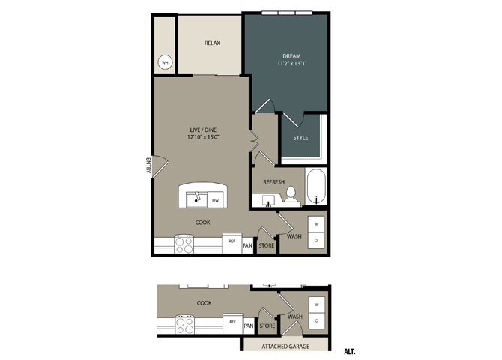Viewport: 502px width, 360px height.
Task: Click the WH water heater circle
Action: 165,62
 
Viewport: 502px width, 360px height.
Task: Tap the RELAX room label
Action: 212,43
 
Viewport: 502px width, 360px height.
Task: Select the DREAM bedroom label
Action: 291,56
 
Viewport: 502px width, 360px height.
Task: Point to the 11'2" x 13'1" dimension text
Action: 291,63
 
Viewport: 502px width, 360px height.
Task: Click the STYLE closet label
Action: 300,138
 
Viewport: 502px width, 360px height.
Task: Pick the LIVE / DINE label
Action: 203,130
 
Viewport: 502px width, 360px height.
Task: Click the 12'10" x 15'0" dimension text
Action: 203,137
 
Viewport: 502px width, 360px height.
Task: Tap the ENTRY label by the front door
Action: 148,165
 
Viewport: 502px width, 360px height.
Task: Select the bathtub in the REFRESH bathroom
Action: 316,187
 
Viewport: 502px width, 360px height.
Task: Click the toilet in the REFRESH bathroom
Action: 291,194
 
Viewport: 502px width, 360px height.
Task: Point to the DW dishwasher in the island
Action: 216,200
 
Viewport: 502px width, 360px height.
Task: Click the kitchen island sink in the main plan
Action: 197,199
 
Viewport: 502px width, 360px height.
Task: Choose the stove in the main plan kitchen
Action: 184,244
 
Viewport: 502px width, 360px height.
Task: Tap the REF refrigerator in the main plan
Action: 232,243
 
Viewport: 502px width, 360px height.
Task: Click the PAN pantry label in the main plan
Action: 247,245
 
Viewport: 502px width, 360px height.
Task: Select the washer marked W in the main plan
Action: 316,224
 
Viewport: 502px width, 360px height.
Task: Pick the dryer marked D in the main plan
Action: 316,240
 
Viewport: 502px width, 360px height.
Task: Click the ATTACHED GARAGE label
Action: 285,346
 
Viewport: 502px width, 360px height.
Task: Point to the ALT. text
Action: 350,351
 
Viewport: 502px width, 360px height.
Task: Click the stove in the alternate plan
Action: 185,325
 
